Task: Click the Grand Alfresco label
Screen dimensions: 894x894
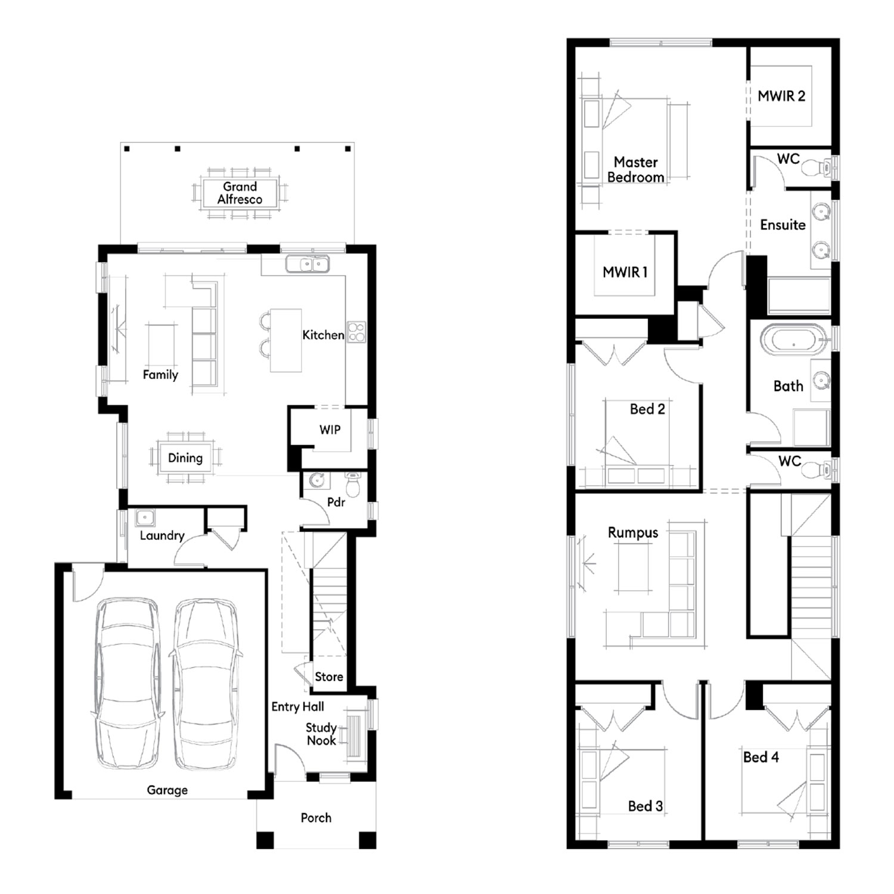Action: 240,193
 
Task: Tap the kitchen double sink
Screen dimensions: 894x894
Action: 308,263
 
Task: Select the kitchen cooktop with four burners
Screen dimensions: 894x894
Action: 356,332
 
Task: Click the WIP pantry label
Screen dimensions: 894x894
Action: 330,430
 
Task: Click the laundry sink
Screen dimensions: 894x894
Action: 145,517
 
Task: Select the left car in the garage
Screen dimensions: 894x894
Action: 126,684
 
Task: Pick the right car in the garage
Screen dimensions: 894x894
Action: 206,684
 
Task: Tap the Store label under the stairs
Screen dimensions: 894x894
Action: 329,676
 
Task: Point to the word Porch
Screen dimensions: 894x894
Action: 316,818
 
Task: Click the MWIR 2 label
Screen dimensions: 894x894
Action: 781,96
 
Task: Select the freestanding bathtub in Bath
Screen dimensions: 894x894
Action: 793,340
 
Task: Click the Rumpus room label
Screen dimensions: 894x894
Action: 633,533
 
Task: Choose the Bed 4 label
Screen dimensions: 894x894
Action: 761,757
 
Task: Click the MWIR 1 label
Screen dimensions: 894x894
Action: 625,272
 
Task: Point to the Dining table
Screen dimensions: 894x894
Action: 185,458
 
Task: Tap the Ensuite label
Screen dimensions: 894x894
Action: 783,225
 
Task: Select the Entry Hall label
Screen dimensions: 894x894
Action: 297,707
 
